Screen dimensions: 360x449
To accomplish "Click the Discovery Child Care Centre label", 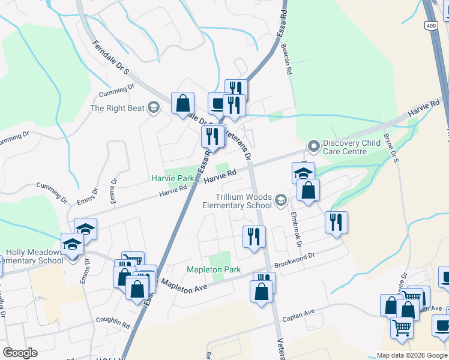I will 353,148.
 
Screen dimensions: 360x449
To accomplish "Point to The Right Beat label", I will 118,108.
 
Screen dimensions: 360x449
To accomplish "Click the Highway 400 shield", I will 430,26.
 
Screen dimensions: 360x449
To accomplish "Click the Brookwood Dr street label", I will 294,260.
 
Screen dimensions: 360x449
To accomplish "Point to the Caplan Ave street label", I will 299,314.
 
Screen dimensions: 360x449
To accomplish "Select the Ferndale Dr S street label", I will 111,58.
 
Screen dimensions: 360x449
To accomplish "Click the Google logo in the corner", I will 20,352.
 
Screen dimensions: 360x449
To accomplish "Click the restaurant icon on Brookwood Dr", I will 336,221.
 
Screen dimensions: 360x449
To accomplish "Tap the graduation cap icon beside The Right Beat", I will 153,107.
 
